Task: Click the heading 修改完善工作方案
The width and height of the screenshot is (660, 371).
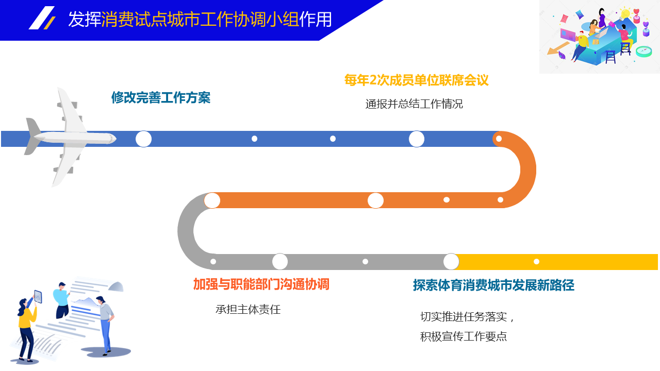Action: click(x=160, y=97)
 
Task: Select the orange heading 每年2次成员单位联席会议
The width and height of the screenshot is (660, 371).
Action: click(x=416, y=80)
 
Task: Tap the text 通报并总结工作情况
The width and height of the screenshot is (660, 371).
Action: click(x=414, y=104)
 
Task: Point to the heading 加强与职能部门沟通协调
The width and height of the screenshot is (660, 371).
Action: click(x=261, y=284)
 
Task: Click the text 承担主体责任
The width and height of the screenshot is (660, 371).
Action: click(x=248, y=310)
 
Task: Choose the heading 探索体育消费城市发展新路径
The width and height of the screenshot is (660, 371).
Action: click(x=493, y=285)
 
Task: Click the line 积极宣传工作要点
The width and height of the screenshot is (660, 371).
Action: click(x=463, y=336)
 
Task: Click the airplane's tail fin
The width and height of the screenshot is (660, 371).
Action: click(x=33, y=136)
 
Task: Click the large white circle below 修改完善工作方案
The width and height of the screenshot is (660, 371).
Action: click(x=143, y=139)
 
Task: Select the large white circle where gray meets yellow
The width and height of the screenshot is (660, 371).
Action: click(x=451, y=261)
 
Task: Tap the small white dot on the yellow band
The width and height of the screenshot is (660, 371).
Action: click(x=537, y=261)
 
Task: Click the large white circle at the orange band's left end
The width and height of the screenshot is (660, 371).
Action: click(x=212, y=200)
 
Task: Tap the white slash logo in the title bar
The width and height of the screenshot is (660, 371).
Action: click(x=42, y=18)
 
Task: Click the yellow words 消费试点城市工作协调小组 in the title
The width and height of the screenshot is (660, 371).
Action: click(x=201, y=20)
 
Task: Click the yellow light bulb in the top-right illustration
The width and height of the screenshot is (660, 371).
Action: click(x=624, y=13)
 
